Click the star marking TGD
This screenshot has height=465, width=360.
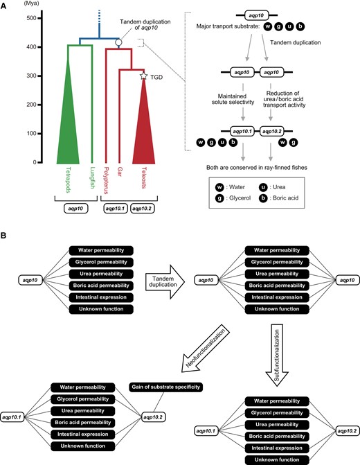[x=144, y=76]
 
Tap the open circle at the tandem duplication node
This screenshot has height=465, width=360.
[x=118, y=42]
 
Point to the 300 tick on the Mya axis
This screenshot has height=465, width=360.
[x=39, y=76]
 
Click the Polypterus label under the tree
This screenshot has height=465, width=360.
[x=106, y=180]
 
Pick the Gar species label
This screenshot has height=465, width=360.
[x=119, y=172]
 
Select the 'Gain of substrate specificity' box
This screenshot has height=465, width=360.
[x=166, y=387]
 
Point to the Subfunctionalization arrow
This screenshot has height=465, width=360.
[x=277, y=355]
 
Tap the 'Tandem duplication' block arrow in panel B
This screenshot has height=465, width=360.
[x=165, y=281]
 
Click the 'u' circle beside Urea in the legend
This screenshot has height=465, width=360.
[x=263, y=187]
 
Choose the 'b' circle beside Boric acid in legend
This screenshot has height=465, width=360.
[x=263, y=198]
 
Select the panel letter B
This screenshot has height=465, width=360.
[x=3, y=236]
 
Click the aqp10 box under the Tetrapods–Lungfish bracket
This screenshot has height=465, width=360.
[x=76, y=209]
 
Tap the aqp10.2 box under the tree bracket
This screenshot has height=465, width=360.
[x=142, y=209]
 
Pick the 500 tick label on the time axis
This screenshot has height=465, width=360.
[x=31, y=18]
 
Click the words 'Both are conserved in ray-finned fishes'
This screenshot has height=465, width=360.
[x=257, y=168]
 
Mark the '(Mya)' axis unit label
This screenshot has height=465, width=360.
[x=31, y=3]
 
